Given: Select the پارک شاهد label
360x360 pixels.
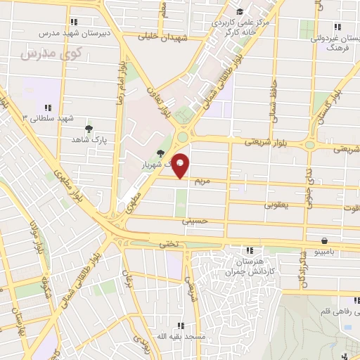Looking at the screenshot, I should [x=88, y=140].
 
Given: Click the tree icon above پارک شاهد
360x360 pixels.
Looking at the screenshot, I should [x=88, y=129].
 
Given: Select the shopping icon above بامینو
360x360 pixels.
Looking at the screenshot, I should [x=323, y=240].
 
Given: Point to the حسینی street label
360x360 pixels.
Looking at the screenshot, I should [x=195, y=221].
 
